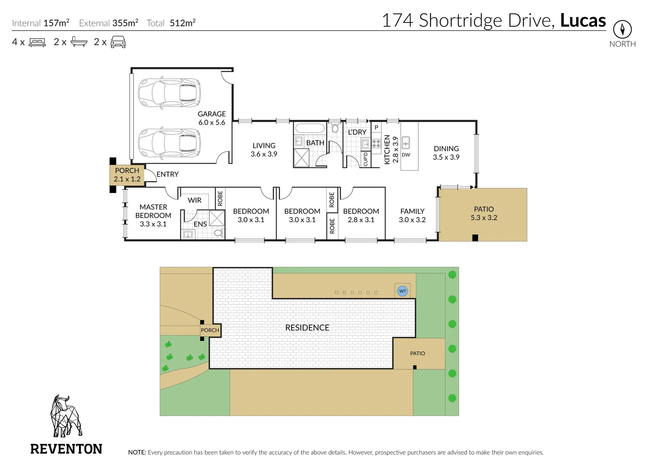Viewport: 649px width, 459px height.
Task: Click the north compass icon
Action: click(x=622, y=29)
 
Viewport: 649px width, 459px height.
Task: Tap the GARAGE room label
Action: click(x=212, y=114)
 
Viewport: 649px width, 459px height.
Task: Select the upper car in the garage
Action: click(x=169, y=92)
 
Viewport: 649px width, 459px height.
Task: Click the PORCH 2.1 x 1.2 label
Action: click(x=127, y=175)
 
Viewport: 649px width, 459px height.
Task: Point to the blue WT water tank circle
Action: click(x=402, y=291)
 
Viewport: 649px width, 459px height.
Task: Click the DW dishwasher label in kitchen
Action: click(x=406, y=155)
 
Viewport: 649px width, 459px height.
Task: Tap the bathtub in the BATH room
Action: click(x=310, y=128)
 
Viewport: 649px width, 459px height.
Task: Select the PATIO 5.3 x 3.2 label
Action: click(x=484, y=213)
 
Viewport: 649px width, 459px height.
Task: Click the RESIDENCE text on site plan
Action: click(x=307, y=328)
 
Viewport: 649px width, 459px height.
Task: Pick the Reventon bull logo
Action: click(x=65, y=416)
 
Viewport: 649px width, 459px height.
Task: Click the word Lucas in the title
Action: click(x=583, y=20)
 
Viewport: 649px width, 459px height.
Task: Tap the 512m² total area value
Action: click(x=183, y=23)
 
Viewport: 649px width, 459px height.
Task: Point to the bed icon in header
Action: click(x=37, y=42)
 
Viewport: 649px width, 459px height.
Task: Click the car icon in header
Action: click(x=118, y=42)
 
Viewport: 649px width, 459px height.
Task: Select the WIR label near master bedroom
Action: click(x=195, y=200)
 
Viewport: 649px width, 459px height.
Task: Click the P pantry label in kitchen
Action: click(x=376, y=127)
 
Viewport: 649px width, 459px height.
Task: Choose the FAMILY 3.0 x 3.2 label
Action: click(x=412, y=215)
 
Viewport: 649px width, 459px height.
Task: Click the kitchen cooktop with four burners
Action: click(x=376, y=143)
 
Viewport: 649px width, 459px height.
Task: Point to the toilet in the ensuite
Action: click(x=218, y=233)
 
